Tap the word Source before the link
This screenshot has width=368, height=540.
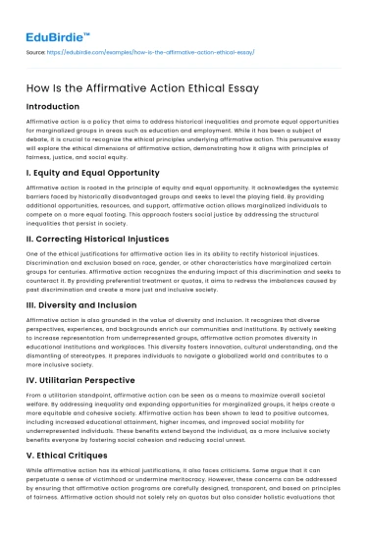click(36, 50)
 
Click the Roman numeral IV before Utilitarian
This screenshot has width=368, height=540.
click(34, 372)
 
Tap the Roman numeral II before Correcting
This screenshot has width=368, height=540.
click(32, 239)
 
